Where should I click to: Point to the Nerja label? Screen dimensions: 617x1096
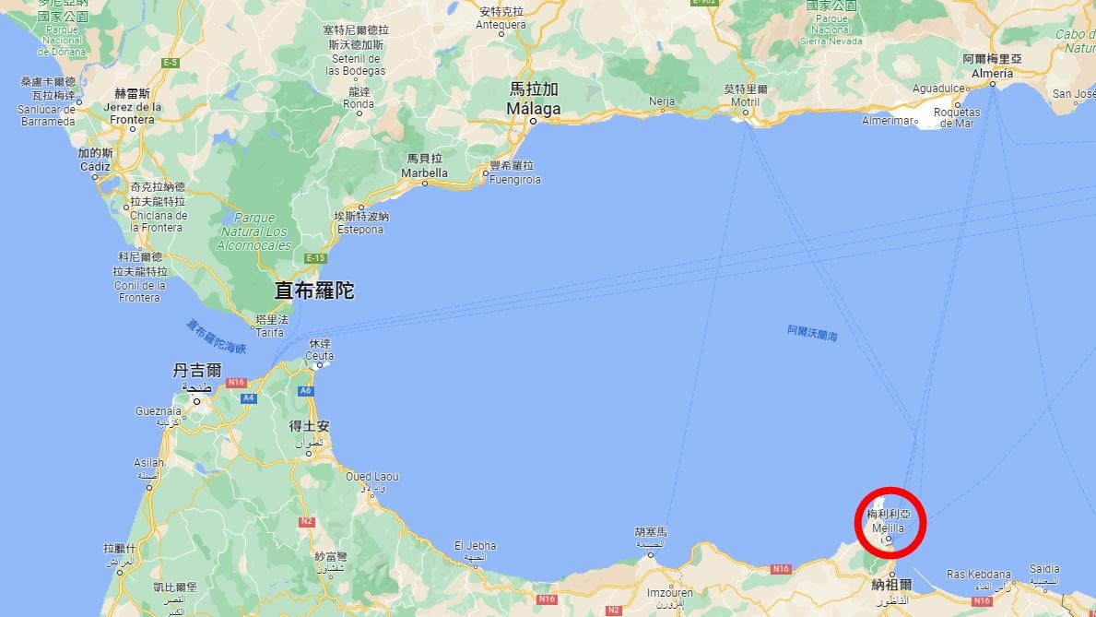coord(662,101)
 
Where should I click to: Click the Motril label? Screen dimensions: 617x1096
coord(746,101)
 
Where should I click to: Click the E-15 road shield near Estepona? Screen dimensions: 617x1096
coord(316,258)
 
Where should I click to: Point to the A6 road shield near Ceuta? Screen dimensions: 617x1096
coord(306,391)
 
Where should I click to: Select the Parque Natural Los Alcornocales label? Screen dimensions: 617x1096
coord(253,232)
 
